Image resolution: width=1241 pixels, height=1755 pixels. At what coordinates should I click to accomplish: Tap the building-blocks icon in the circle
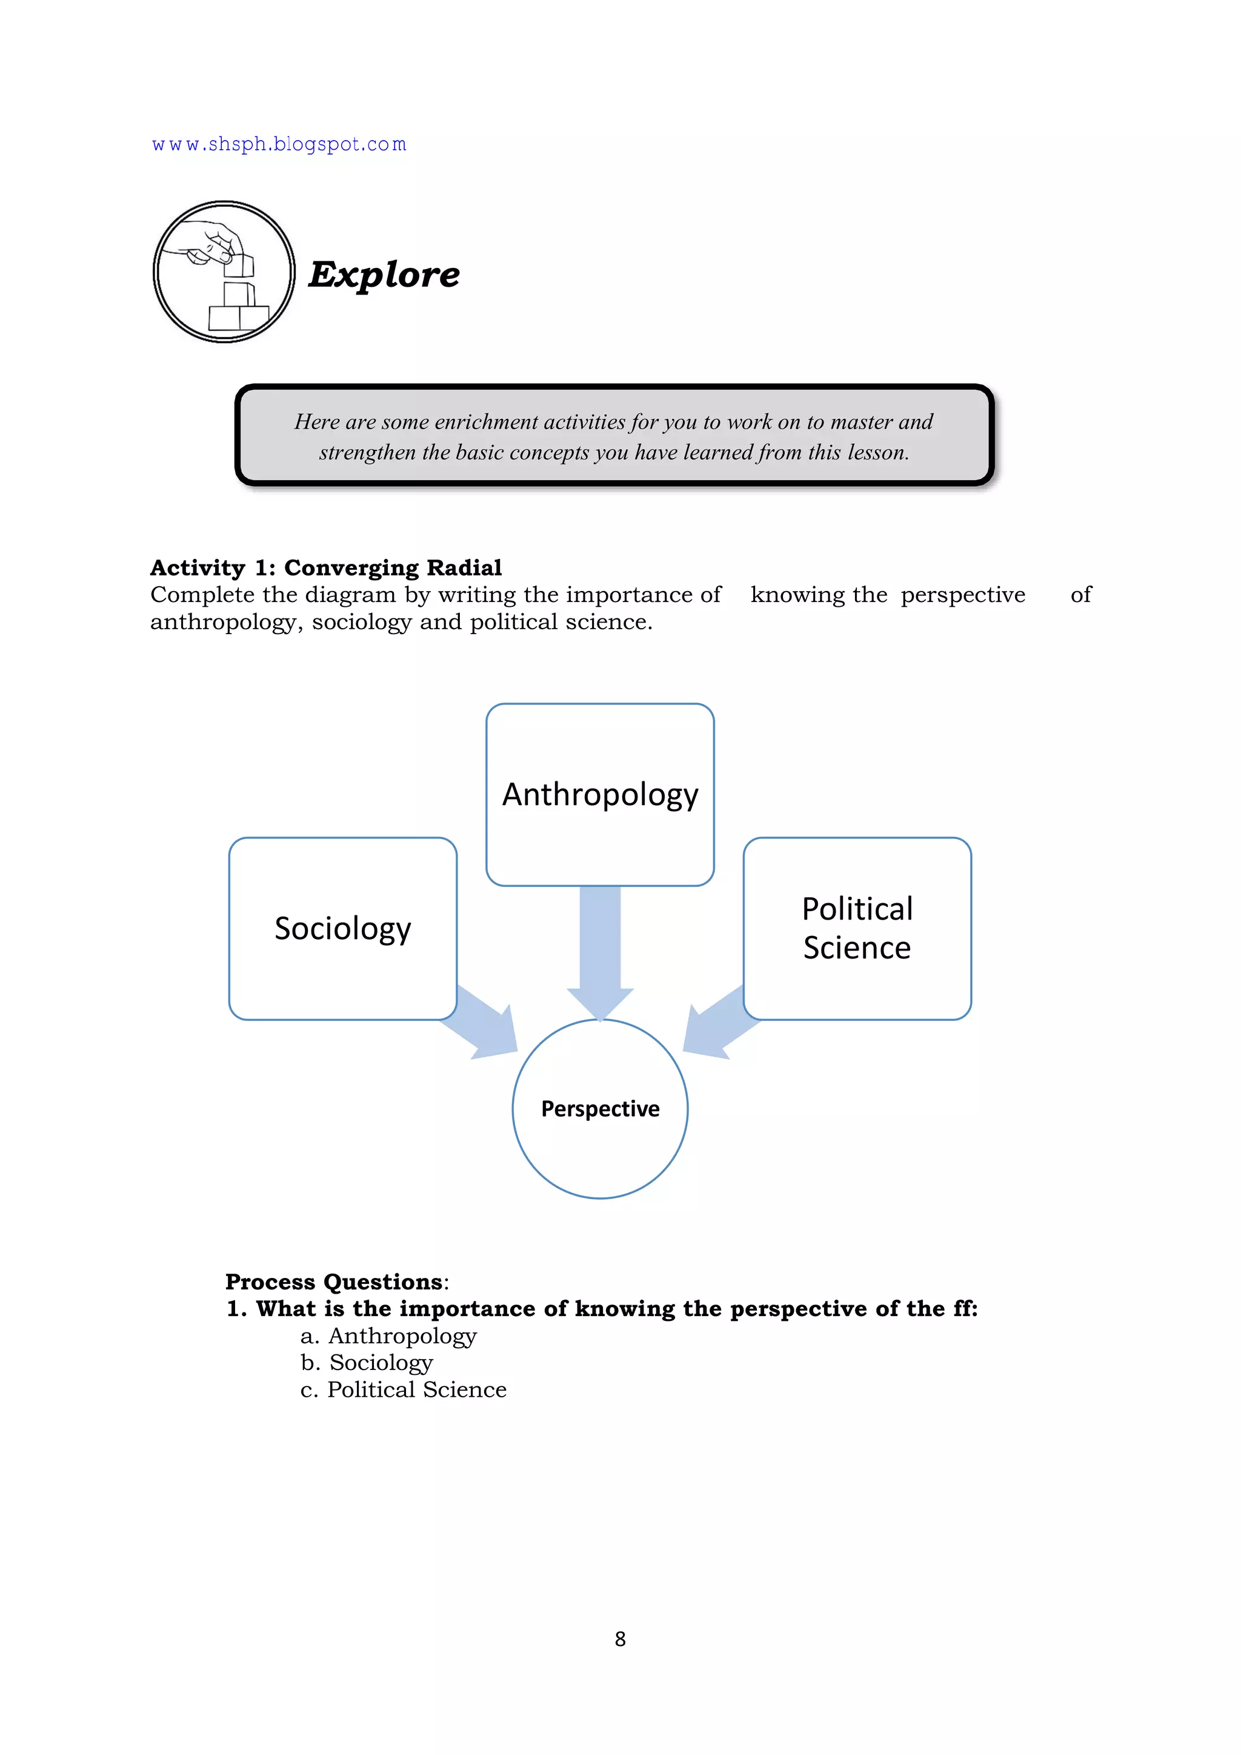coord(224,272)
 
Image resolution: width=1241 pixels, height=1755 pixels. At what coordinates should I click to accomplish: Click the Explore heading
coord(384,275)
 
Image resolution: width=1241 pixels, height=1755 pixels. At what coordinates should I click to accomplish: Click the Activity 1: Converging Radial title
coord(325,567)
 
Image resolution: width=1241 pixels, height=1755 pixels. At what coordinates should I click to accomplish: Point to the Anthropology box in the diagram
coord(600,794)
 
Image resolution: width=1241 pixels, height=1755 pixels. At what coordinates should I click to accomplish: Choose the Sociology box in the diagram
coord(342,928)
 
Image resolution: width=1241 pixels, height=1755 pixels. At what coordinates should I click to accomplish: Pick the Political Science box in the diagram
coord(857,928)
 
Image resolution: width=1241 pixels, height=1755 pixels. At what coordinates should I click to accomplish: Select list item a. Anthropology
coord(388,1336)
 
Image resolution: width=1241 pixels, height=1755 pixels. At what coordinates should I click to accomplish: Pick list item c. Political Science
coord(404,1389)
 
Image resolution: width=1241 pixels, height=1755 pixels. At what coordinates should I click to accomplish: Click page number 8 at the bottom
coord(620,1639)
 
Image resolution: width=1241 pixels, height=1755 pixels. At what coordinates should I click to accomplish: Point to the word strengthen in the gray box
coord(368,452)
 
